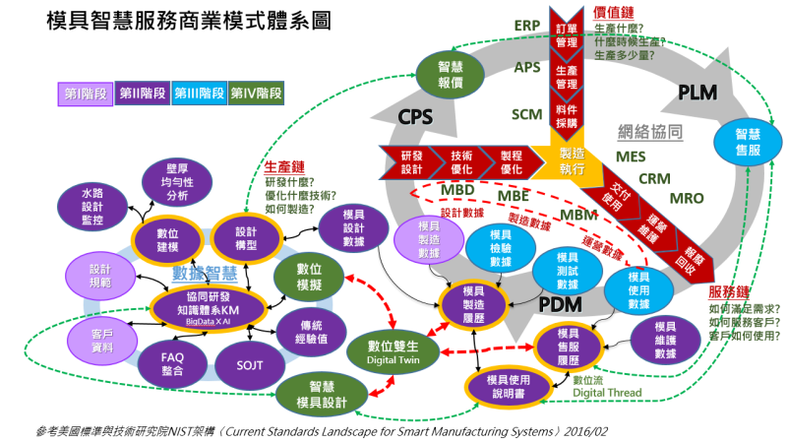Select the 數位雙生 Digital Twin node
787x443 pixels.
(x=393, y=350)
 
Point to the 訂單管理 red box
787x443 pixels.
(x=566, y=34)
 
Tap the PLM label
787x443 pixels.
(x=700, y=92)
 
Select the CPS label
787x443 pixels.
(x=414, y=117)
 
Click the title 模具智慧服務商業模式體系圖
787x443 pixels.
(x=173, y=22)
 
